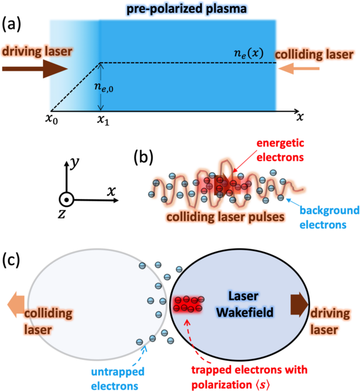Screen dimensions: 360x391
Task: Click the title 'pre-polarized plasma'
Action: click(x=187, y=9)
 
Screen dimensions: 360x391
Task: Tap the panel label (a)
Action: click(x=11, y=25)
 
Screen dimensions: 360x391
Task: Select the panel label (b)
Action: click(x=143, y=158)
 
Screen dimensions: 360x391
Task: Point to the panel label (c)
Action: click(x=11, y=260)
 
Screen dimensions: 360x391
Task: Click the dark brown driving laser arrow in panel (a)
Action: click(x=35, y=69)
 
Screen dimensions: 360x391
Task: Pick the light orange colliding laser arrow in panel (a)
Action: click(x=299, y=68)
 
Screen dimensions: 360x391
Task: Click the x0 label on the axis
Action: click(x=52, y=119)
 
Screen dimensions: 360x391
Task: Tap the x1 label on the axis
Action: click(x=103, y=120)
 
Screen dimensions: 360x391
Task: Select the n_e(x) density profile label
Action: click(x=249, y=53)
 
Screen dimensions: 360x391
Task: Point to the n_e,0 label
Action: click(x=104, y=88)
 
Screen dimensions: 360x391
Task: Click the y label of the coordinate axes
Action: click(x=74, y=163)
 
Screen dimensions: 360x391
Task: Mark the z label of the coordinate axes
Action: click(x=61, y=214)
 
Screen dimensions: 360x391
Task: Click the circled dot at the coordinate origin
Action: click(x=66, y=200)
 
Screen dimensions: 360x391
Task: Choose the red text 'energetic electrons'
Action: click(x=280, y=150)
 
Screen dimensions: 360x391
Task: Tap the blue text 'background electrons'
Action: click(x=329, y=218)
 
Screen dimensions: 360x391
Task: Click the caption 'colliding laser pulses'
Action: click(x=226, y=217)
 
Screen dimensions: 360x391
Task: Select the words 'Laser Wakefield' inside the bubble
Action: click(x=244, y=304)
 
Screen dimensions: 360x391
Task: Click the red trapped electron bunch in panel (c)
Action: click(x=188, y=304)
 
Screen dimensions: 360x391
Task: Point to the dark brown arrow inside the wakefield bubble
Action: click(x=299, y=305)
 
